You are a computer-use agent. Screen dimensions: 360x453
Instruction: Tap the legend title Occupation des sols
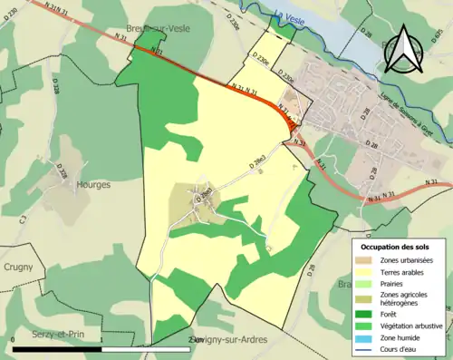(x=397, y=247)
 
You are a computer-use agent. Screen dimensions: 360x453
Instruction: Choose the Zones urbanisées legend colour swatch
(x=369, y=260)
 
